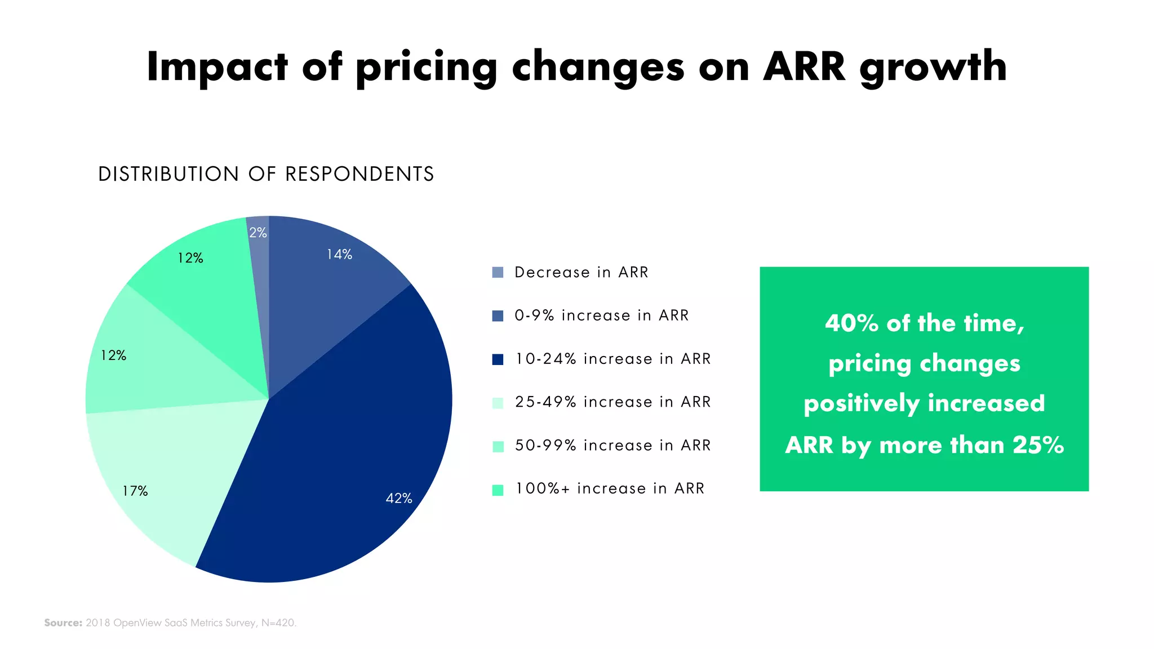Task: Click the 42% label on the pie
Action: click(398, 498)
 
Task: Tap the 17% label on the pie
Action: click(135, 491)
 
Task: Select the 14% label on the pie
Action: click(339, 255)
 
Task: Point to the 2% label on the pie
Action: click(258, 233)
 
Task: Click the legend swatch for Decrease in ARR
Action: click(498, 273)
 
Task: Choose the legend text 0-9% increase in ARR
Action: click(601, 315)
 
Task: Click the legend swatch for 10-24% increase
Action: click(498, 359)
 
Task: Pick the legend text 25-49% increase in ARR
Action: click(612, 402)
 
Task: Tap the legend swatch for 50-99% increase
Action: click(498, 446)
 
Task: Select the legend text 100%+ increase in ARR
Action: click(610, 488)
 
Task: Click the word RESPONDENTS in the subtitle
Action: click(359, 174)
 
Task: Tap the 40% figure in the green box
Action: click(851, 323)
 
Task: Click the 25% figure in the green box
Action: click(1038, 445)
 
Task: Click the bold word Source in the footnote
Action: click(63, 623)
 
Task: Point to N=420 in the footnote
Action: click(278, 623)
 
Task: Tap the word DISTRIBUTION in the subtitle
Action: click(168, 174)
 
